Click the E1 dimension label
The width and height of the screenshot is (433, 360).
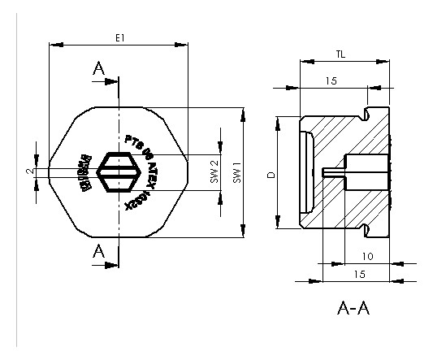tap(120, 38)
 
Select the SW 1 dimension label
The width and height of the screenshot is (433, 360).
tap(237, 172)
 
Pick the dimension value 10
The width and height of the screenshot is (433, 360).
tap(368, 256)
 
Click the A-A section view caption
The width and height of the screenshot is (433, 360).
tap(354, 309)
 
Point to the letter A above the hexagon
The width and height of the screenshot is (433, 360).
tap(99, 70)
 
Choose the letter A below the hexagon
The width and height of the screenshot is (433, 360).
tap(99, 250)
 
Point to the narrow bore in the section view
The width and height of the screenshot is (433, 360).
tap(333, 171)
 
